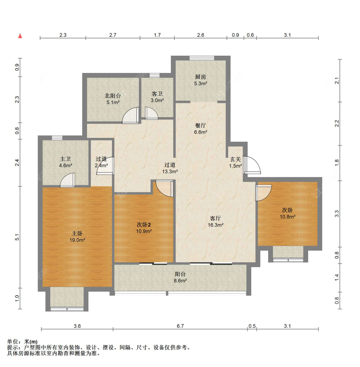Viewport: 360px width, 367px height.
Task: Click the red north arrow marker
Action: (20, 36)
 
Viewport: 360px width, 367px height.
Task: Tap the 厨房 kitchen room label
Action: (201, 77)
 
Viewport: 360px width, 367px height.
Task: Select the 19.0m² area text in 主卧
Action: (77, 240)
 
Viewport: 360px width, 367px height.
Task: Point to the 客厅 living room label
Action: (215, 218)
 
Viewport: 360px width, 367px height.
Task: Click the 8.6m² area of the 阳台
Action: (180, 281)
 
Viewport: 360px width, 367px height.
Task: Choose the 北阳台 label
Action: (113, 96)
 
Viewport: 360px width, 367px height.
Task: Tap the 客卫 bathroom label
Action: (157, 94)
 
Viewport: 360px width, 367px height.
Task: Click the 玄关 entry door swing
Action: (252, 165)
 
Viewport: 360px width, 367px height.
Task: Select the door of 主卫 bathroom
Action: (68, 180)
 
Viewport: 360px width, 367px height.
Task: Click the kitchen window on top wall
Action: (202, 58)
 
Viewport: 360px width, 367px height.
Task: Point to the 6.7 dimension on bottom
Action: (180, 326)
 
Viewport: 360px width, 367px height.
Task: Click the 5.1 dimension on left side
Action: (17, 237)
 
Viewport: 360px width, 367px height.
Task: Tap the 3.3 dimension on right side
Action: (337, 214)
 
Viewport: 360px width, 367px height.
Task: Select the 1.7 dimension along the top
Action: (157, 35)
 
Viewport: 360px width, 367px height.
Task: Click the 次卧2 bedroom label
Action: (144, 225)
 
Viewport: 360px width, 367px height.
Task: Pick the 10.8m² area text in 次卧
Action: (287, 217)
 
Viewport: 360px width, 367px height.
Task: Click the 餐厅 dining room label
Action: (201, 125)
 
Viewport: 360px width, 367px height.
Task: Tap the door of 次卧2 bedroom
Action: (164, 188)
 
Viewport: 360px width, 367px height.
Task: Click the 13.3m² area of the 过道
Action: (170, 172)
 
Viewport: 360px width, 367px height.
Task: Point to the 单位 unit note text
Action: (22, 342)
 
